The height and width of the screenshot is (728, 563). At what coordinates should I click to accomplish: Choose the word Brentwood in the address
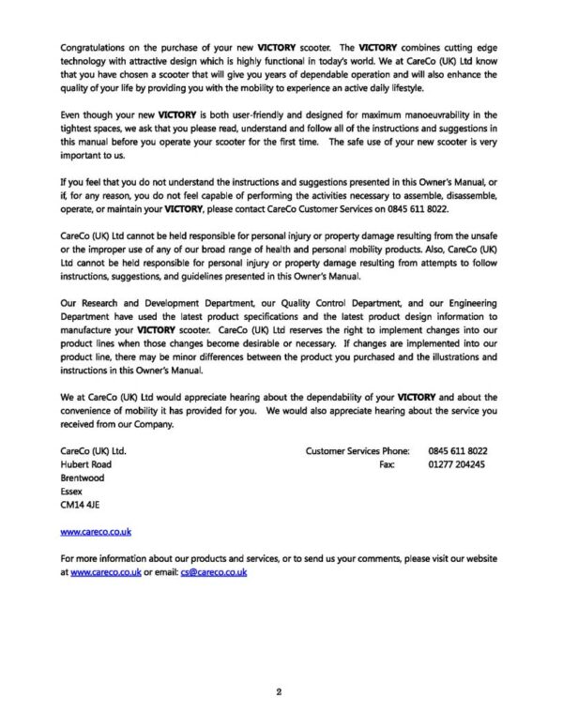coord(83,478)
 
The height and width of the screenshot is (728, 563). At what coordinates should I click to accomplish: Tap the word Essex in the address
coord(71,491)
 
